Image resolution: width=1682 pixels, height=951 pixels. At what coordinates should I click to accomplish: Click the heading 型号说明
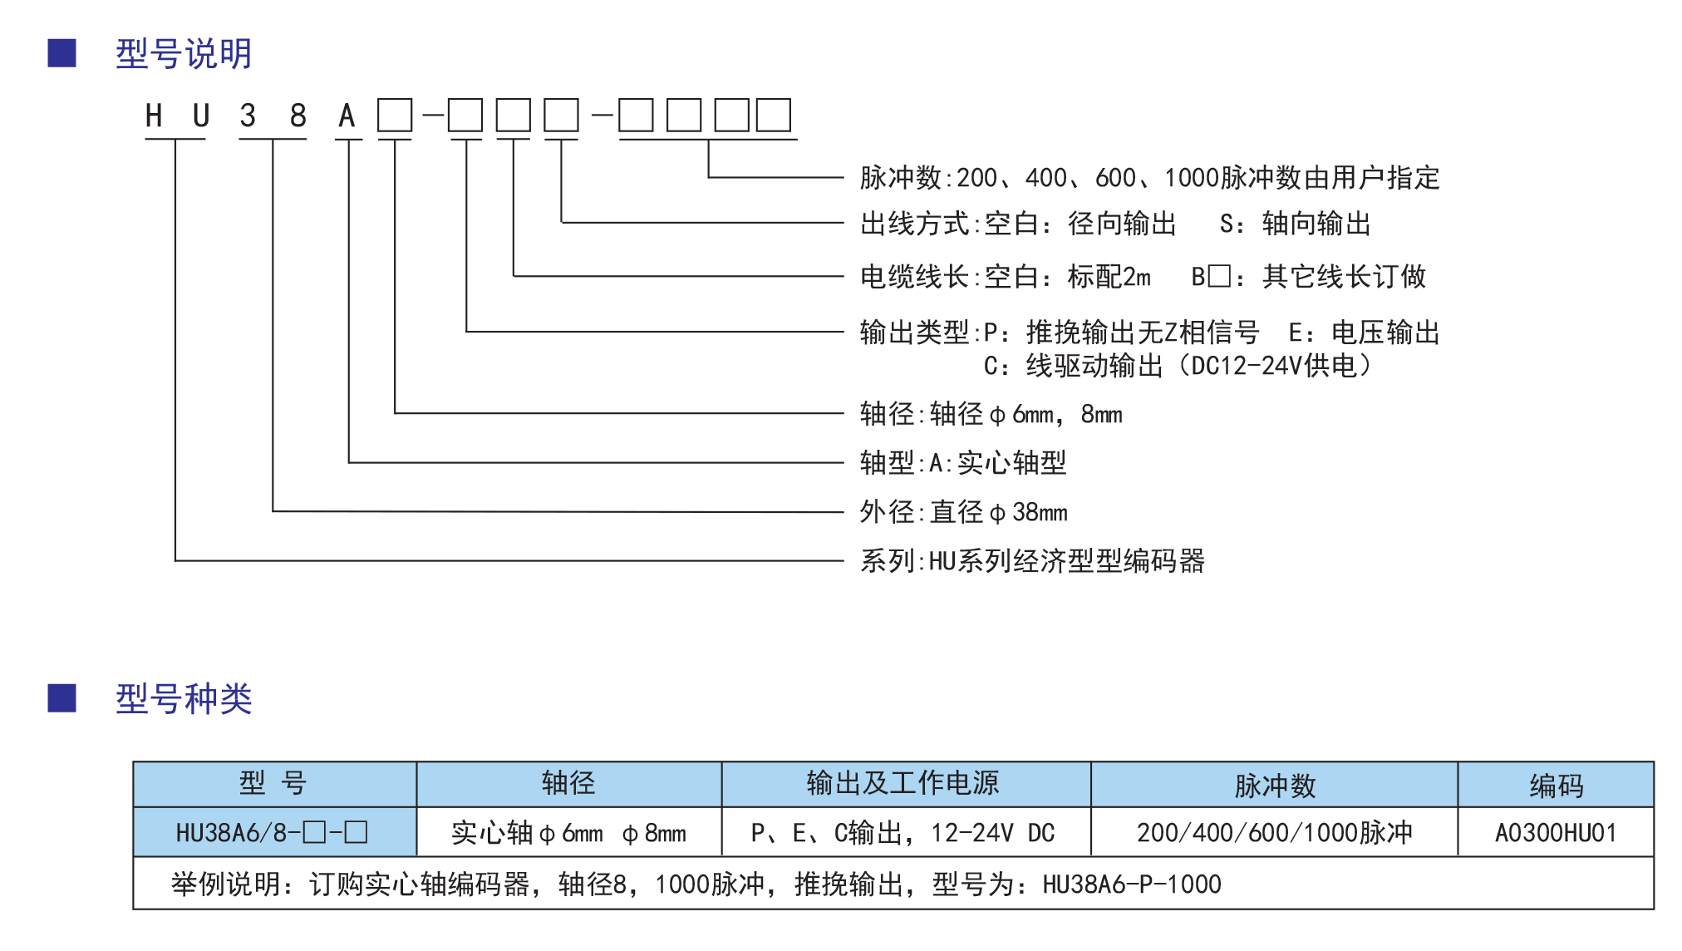tap(184, 54)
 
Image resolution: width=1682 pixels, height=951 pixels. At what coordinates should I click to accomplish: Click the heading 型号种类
tap(184, 699)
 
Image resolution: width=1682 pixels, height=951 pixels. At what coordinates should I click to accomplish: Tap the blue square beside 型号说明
tap(62, 53)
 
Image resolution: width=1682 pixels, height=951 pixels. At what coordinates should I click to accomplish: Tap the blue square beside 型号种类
tap(62, 698)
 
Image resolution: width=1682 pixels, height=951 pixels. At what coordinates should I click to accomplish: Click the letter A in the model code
tap(347, 116)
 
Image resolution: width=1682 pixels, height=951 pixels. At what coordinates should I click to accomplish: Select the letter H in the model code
tap(154, 116)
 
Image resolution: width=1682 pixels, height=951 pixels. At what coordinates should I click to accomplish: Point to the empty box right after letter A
tap(395, 115)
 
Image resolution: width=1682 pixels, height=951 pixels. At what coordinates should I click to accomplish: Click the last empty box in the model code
tap(774, 115)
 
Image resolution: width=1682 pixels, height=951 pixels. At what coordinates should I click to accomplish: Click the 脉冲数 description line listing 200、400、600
tap(1149, 178)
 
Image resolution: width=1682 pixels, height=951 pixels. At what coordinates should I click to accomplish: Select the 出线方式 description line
tap(1115, 224)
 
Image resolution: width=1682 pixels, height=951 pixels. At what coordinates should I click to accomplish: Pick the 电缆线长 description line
tap(1143, 276)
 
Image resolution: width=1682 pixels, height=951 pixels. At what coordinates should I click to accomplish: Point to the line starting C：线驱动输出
tap(1178, 366)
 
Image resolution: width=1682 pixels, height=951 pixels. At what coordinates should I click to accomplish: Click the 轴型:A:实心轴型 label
tap(963, 462)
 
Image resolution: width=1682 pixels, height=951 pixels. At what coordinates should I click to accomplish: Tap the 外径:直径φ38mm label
tap(964, 512)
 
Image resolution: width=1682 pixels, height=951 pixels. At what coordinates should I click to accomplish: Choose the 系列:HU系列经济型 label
tap(1032, 561)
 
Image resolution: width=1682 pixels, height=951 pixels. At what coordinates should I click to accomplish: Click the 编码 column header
tap(1557, 785)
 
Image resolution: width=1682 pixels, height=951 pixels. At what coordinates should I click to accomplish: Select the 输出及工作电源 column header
tap(903, 783)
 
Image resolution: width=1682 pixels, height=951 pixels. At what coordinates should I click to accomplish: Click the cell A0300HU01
tap(1557, 833)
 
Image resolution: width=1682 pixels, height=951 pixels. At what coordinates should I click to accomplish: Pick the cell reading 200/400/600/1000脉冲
tap(1275, 833)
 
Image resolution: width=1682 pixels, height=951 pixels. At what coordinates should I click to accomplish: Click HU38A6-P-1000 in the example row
tap(1132, 884)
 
